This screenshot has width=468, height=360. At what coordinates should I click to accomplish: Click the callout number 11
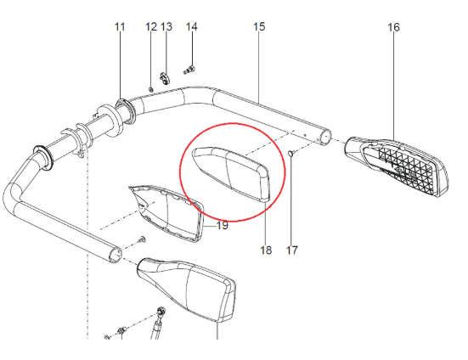[x=120, y=27]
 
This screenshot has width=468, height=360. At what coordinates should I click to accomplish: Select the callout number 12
[x=151, y=27]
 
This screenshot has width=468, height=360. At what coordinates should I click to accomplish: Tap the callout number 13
[x=166, y=27]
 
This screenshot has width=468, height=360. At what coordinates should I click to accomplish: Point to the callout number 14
[x=192, y=27]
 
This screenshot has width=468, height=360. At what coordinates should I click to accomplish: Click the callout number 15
[x=259, y=26]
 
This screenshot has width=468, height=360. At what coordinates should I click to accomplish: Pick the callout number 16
[x=393, y=27]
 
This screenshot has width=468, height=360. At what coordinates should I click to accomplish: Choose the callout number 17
[x=292, y=250]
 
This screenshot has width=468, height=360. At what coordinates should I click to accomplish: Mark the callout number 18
[x=266, y=250]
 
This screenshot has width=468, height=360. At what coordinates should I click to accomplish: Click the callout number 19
[x=222, y=225]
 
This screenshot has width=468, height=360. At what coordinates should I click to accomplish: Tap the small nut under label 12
[x=150, y=88]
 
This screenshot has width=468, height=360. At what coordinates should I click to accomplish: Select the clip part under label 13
[x=164, y=77]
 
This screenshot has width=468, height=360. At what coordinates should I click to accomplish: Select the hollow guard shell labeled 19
[x=167, y=211]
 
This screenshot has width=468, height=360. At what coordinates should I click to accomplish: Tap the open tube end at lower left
[x=116, y=255]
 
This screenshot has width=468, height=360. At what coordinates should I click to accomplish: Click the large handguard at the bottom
[x=188, y=290]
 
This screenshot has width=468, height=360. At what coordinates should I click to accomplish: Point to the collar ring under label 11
[x=124, y=110]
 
